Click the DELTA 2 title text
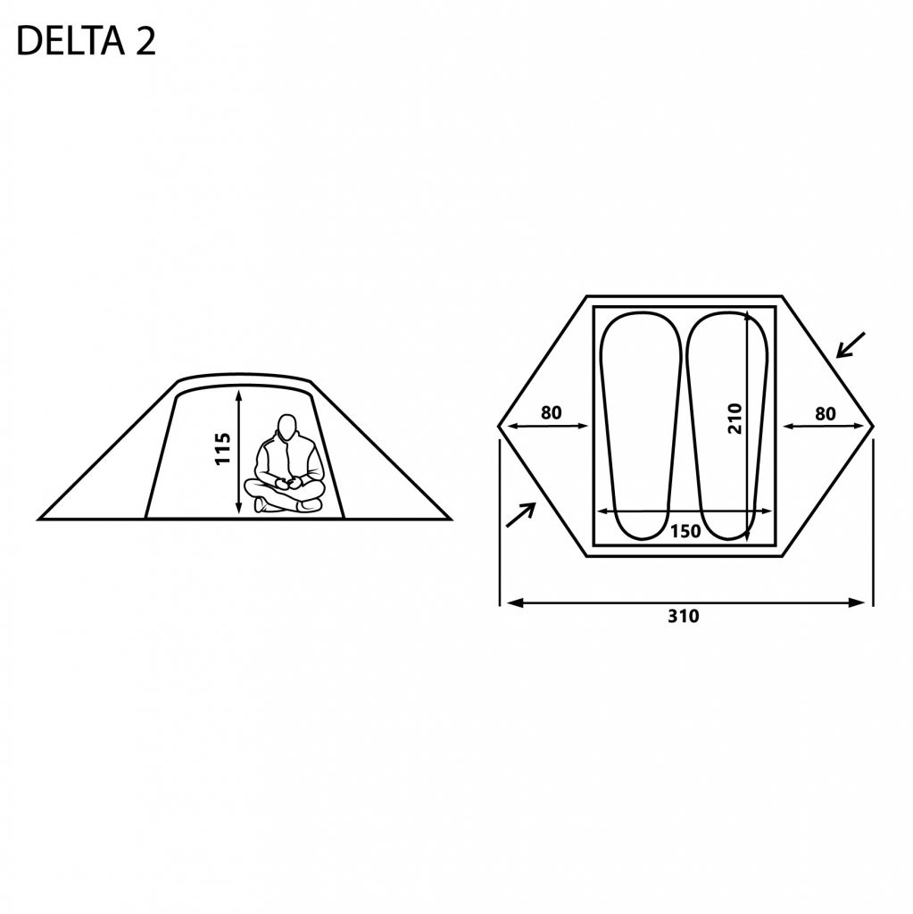tap(87, 42)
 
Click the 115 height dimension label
tap(223, 449)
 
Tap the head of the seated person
tap(286, 428)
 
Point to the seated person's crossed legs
tap(286, 497)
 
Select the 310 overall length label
tap(685, 617)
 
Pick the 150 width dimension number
tap(685, 531)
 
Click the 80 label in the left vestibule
tap(552, 413)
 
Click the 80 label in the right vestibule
tap(826, 413)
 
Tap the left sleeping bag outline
tap(637, 426)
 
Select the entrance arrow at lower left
tap(520, 514)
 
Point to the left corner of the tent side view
tap(41, 518)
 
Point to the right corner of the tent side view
tap(451, 518)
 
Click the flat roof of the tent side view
tap(245, 378)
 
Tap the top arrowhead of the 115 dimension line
tap(240, 394)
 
